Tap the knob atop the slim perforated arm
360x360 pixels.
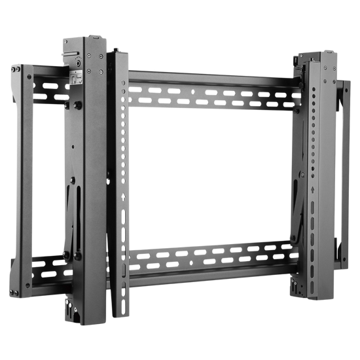(x=117, y=50)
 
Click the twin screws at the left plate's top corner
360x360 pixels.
(x=31, y=75)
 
